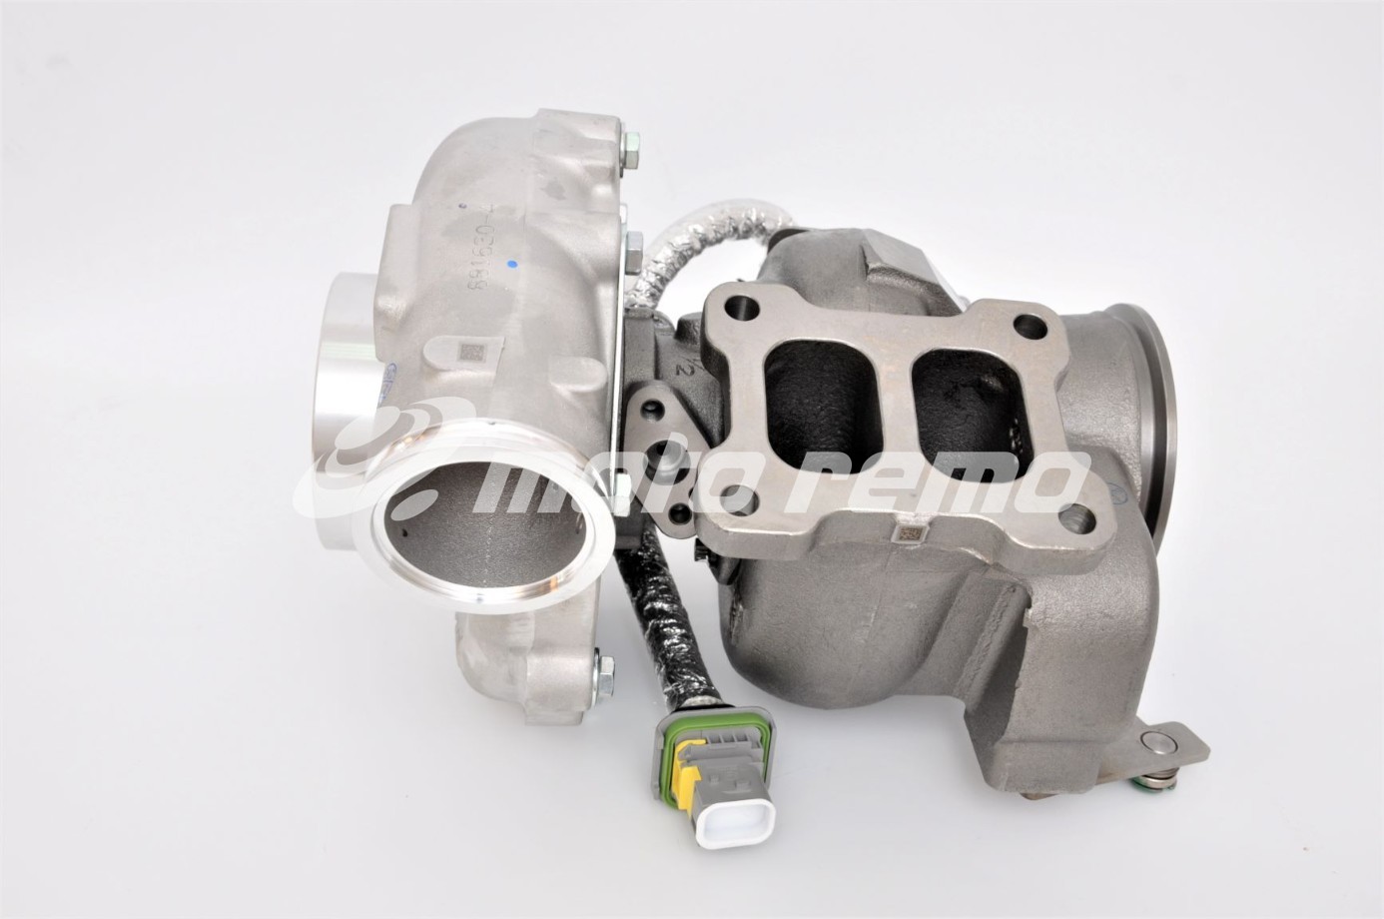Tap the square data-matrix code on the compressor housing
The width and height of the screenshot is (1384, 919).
click(x=466, y=353)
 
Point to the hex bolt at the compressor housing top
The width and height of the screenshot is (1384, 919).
click(x=630, y=153)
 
